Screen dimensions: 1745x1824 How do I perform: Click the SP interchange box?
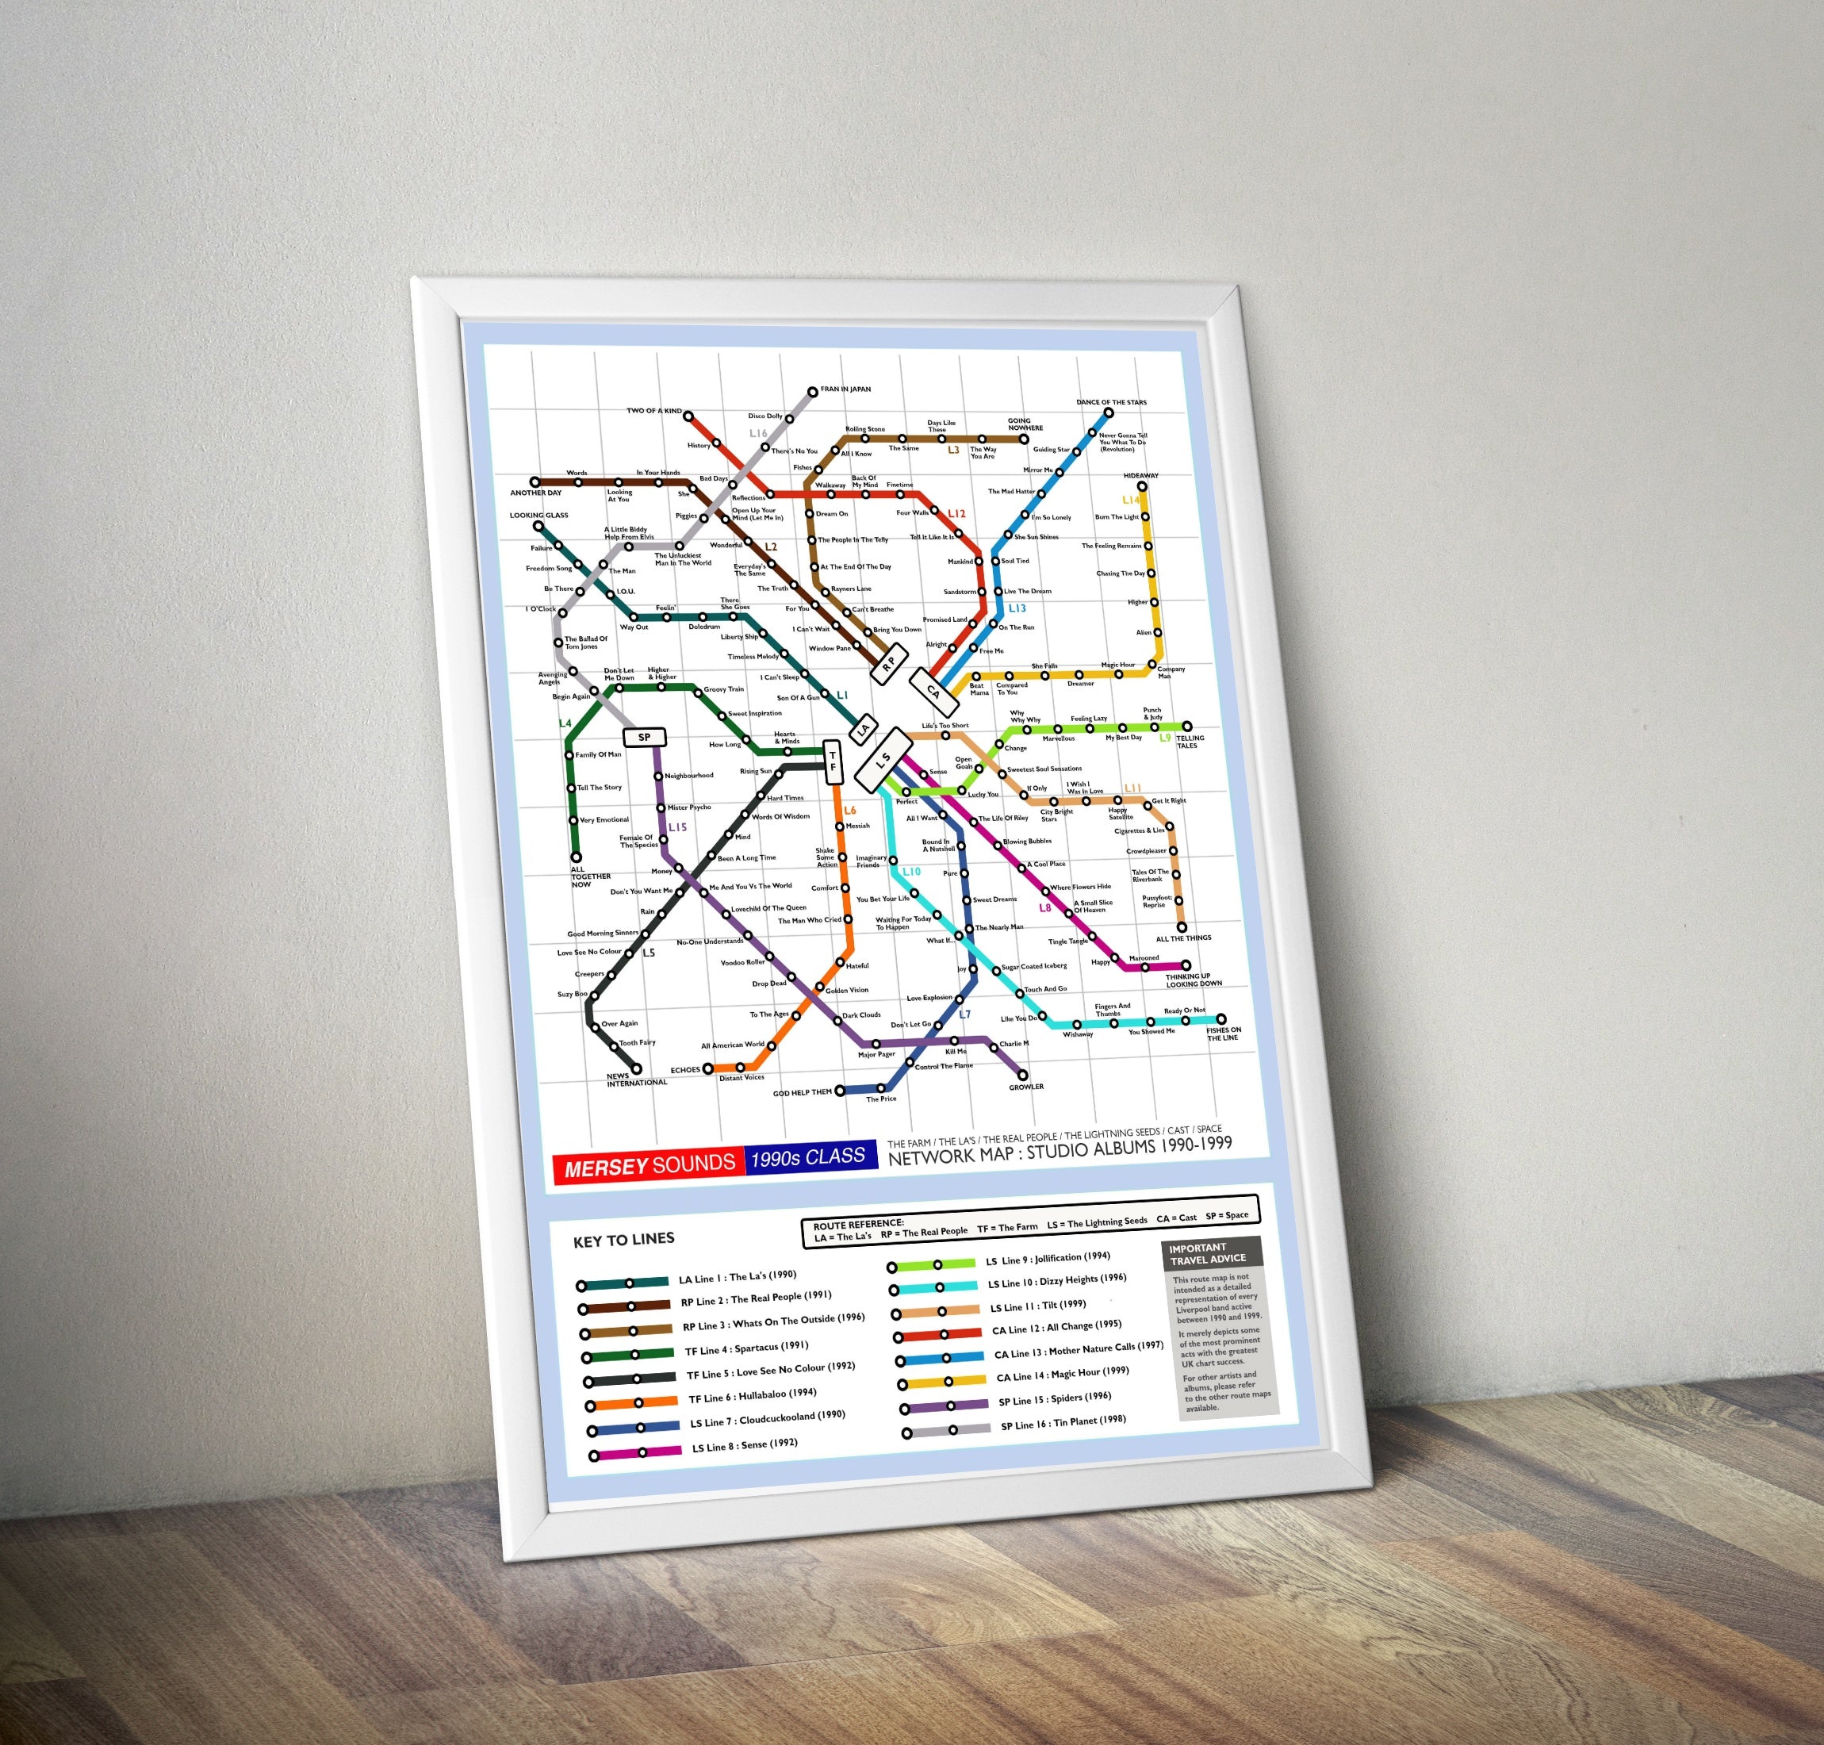[644, 738]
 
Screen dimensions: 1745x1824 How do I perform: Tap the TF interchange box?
[833, 761]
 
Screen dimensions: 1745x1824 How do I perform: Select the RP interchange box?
[889, 662]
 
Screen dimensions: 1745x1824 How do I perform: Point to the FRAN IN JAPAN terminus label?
[845, 389]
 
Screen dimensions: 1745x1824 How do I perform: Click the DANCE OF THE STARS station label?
[1112, 403]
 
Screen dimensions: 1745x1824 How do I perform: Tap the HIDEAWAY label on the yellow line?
[1140, 475]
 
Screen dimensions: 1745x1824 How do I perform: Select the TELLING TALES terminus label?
[1190, 742]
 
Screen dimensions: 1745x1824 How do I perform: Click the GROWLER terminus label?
[1026, 1087]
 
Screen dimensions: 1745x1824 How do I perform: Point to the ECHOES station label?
[684, 1070]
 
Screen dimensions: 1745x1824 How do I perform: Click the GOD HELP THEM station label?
[802, 1093]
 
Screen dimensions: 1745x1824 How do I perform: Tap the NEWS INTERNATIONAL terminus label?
[636, 1080]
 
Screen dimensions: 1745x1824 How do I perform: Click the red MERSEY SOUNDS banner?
[650, 1164]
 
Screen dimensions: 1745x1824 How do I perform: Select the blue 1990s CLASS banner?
[808, 1157]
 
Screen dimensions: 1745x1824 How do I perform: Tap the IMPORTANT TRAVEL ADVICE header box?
[1213, 1253]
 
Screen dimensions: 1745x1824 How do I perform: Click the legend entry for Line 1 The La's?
[737, 1277]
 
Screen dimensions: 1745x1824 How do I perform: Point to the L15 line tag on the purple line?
[677, 827]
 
